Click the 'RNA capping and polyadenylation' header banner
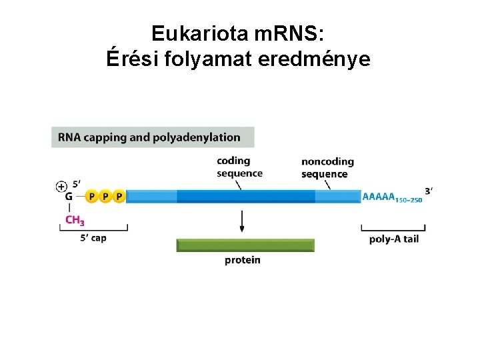tap(153, 137)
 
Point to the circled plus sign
tap(61, 187)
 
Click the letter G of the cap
tap(69, 197)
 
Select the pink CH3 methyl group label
tap(74, 219)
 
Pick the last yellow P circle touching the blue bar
tap(119, 197)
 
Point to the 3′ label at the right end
tap(428, 191)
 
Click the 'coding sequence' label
tap(239, 167)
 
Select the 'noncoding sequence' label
tap(327, 168)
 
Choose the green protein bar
tap(245, 245)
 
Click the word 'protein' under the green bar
tap(243, 260)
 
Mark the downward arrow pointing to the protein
tap(242, 221)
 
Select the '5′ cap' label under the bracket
tap(93, 238)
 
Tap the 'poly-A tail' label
tap(393, 239)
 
